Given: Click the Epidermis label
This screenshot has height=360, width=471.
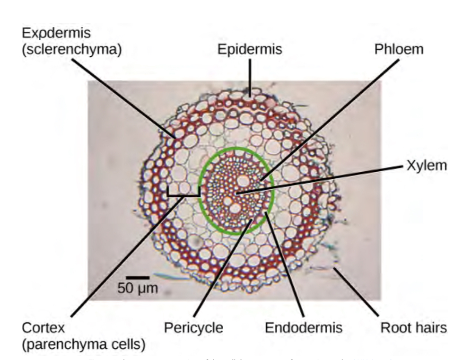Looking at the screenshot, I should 250,49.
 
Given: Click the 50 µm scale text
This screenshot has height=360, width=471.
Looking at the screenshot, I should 138,288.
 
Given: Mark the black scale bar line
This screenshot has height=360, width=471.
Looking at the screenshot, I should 138,276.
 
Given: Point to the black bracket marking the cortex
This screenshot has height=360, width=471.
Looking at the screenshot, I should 184,194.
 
